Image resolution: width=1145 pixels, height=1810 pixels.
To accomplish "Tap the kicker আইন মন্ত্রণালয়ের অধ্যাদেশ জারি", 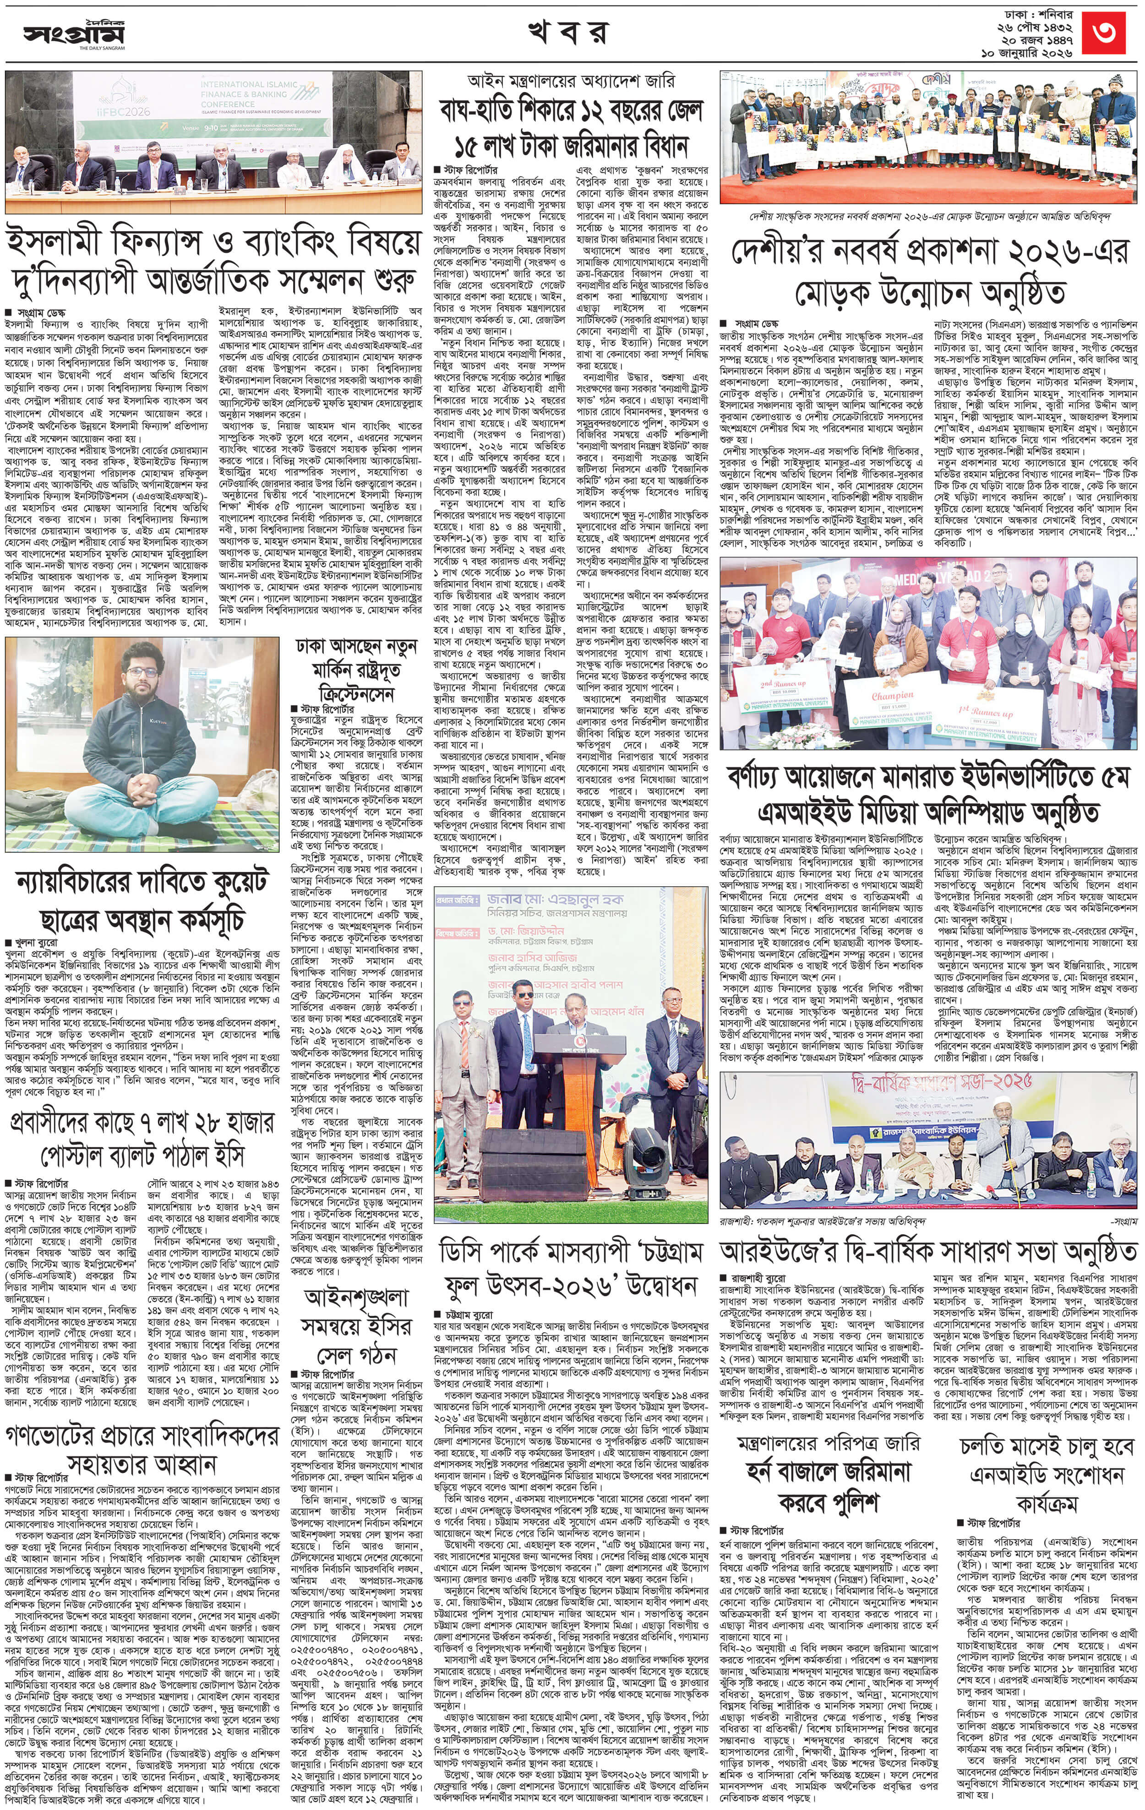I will click(x=572, y=81).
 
